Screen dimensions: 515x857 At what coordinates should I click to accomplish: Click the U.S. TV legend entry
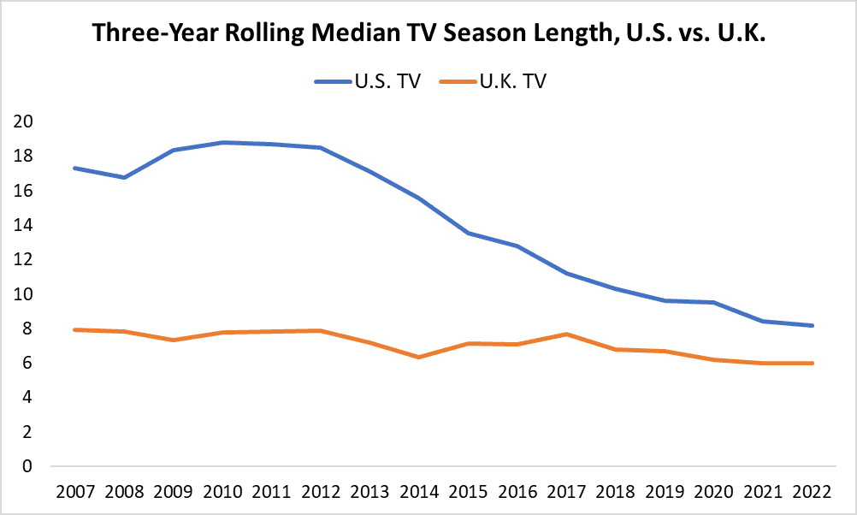[367, 82]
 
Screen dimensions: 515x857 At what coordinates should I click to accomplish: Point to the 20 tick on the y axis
[23, 121]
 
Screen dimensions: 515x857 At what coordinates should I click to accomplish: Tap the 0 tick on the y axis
[27, 467]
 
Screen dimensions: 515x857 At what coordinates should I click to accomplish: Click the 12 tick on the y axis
[23, 259]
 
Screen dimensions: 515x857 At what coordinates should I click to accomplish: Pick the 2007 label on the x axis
[75, 494]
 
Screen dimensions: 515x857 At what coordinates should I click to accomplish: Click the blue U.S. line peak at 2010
[222, 142]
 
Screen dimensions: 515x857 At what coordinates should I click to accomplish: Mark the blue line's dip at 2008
[125, 177]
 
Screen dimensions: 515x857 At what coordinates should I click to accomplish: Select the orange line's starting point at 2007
[75, 329]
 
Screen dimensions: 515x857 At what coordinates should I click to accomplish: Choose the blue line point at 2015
[467, 233]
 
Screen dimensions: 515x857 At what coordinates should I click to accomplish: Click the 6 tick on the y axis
[27, 364]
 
